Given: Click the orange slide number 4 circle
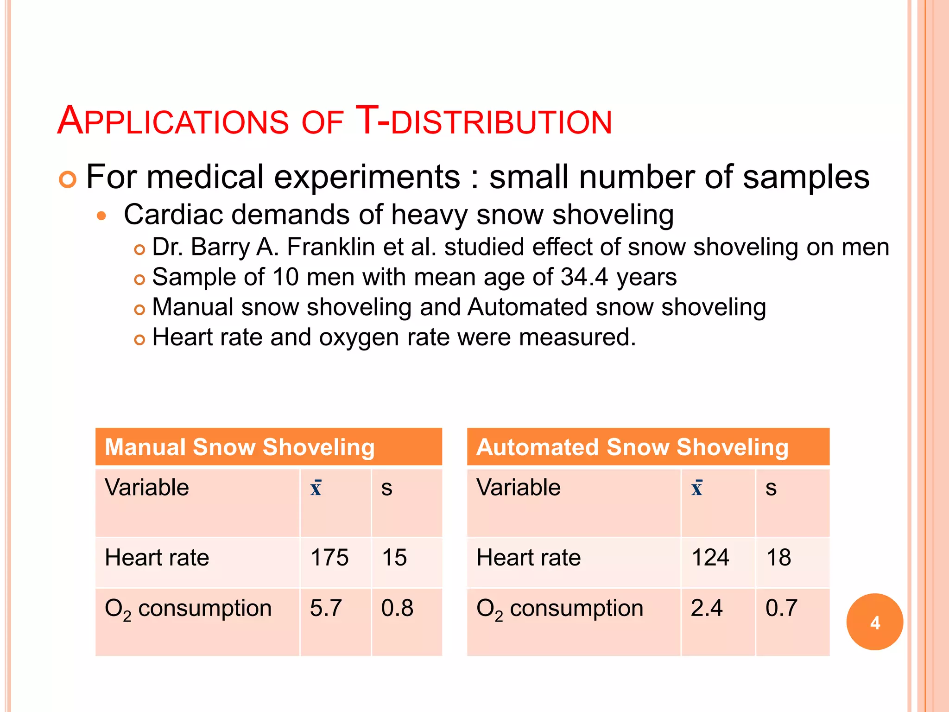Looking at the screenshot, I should point(874,622).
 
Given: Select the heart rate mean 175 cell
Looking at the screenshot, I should point(329,557).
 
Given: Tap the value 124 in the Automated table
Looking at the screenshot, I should point(710,557).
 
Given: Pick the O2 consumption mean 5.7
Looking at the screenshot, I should point(326,608).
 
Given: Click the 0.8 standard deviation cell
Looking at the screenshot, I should point(397,608).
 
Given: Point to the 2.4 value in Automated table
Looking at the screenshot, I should point(706,608).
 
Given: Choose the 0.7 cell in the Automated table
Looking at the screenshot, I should point(781,608).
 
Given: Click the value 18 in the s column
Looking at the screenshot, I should point(778,557).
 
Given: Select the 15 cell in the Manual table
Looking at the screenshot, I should point(394,557).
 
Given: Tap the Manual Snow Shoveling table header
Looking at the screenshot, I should point(240,447).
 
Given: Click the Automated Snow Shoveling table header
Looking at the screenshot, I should point(633,447).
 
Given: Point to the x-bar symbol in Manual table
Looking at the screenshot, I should point(316,488).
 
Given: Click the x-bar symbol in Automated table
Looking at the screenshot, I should point(697,488).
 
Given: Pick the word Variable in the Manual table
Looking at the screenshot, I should point(147,488).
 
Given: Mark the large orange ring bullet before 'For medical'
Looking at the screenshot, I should point(68,179).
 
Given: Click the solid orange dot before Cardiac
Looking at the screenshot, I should point(102,216).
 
